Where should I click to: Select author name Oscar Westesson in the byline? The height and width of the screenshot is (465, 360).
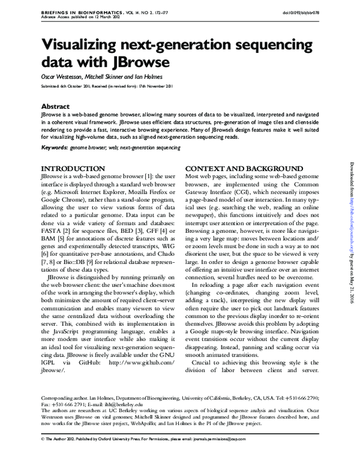(x=62, y=77)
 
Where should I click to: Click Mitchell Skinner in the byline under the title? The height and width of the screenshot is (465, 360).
(x=106, y=77)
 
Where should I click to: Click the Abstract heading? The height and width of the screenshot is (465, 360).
(x=56, y=106)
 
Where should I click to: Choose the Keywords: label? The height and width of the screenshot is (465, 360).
(x=54, y=146)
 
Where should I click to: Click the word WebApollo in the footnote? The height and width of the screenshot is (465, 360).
(x=169, y=422)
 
